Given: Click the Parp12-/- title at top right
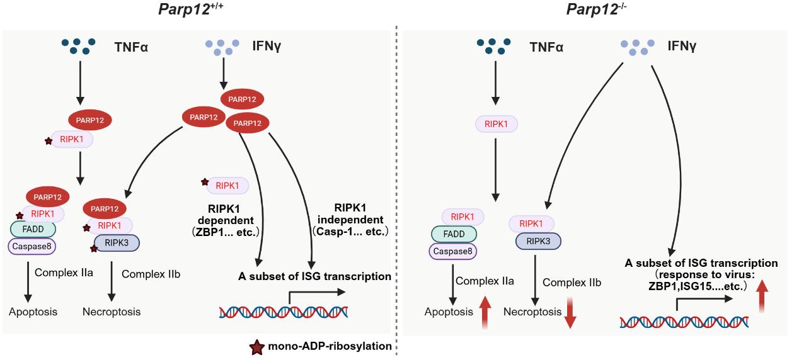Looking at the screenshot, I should coord(592,9).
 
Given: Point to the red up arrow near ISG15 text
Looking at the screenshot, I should coord(761,296).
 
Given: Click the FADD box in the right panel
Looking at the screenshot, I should coord(454,233).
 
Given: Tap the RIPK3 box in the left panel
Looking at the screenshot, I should coord(117,242).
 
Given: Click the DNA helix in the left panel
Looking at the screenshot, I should coord(284,311).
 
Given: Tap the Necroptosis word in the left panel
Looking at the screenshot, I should coord(112,312).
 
